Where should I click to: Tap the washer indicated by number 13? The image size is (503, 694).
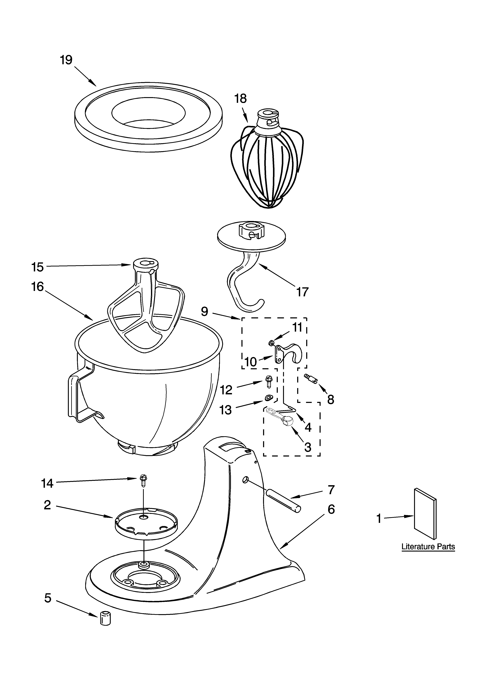[x=269, y=398]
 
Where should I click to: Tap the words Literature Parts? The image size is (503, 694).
[x=428, y=547]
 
